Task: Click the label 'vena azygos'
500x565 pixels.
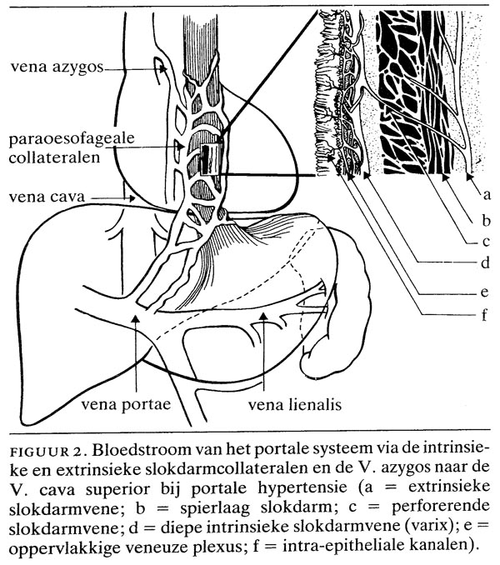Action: point(57,67)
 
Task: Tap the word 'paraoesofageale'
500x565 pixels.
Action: point(72,139)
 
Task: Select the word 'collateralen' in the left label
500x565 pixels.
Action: point(54,157)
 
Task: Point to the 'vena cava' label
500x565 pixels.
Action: point(47,197)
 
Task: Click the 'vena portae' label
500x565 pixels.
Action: point(126,405)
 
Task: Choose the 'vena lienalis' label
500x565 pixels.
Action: point(295,405)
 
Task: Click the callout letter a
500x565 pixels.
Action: point(487,194)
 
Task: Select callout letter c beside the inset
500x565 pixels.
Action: point(487,242)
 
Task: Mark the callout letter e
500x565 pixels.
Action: point(485,292)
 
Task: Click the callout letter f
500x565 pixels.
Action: point(484,314)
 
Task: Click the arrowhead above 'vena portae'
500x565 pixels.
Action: point(136,317)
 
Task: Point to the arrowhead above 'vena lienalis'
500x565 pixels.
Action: point(263,316)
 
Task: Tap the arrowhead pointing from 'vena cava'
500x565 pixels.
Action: point(132,197)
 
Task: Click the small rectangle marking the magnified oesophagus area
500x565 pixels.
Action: point(209,160)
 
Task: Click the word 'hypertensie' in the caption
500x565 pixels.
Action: point(302,488)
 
